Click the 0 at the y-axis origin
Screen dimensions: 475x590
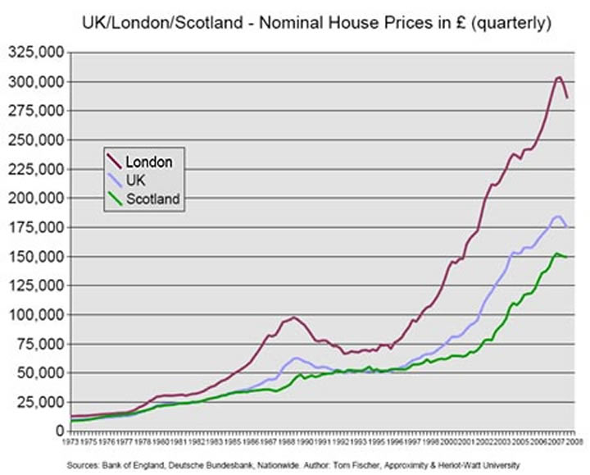coord(60,431)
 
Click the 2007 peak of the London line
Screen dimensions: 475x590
coord(559,77)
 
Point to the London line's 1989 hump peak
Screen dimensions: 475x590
coord(294,317)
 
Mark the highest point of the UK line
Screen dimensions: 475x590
coord(558,216)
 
